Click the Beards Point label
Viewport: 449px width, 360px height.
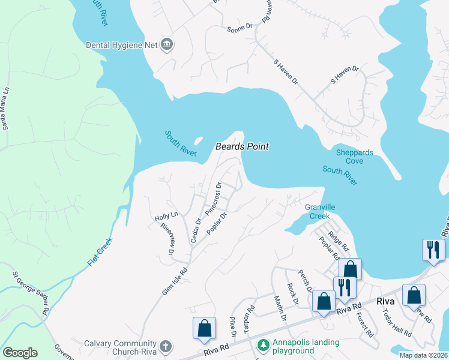click(242, 146)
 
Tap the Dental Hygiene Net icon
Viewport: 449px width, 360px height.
click(167, 44)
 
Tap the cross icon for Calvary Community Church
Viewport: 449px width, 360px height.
click(165, 346)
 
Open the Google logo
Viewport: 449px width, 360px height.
click(20, 353)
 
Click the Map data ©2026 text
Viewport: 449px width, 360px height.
click(423, 355)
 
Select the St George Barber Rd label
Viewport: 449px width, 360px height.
click(30, 293)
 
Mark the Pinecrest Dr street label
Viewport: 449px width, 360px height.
click(213, 199)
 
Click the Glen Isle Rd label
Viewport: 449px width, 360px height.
click(175, 281)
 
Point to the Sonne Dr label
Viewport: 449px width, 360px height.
click(240, 28)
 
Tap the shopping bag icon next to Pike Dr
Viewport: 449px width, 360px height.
click(204, 328)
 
